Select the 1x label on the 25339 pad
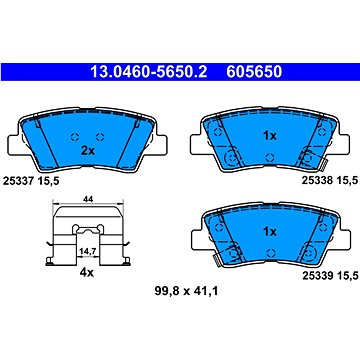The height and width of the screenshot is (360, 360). [x=267, y=229]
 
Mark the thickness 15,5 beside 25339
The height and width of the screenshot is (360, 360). [x=335, y=276]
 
